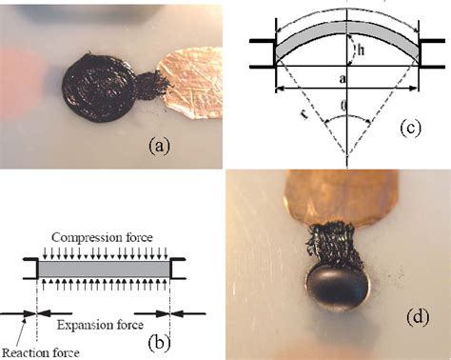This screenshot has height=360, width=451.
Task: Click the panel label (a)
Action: point(159,145)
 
